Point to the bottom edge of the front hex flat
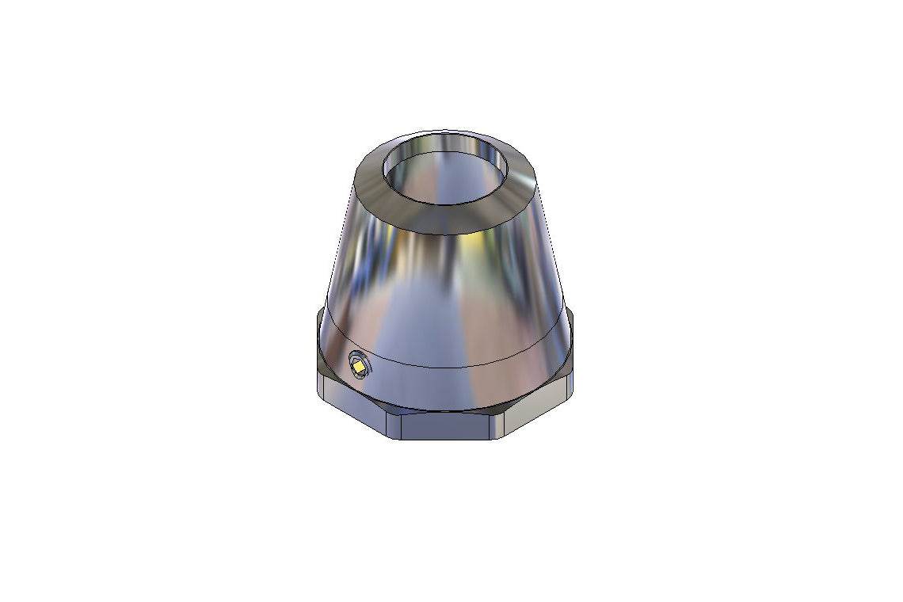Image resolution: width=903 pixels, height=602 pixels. (x=451, y=440)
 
